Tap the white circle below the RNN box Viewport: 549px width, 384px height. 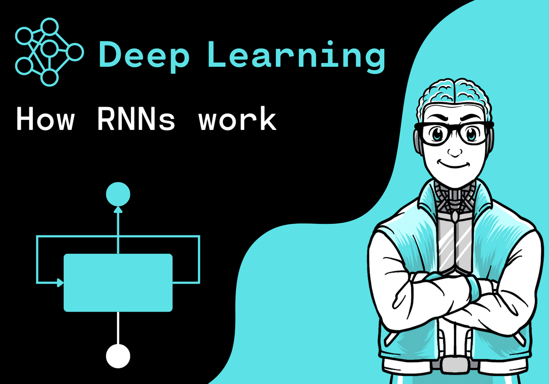click(118, 356)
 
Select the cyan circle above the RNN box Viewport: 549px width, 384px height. click(118, 195)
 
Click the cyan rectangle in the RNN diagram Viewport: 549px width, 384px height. click(118, 282)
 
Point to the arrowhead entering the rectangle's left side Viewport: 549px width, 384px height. click(60, 283)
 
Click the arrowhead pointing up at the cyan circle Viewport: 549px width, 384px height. click(118, 209)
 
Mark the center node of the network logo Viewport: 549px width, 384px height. click(48, 48)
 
